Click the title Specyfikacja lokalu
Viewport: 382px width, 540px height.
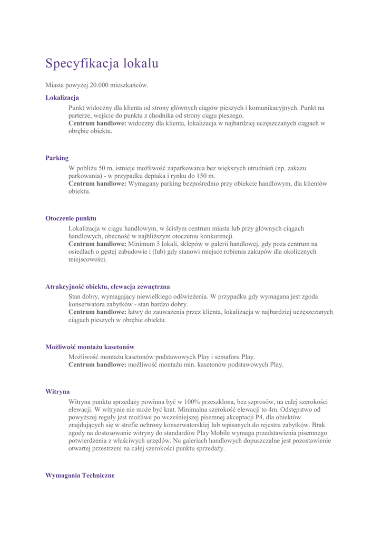tap(102, 64)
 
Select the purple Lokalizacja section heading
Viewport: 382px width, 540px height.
tap(62, 98)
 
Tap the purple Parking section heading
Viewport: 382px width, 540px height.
tap(57, 158)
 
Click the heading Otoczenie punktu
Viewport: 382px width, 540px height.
tap(71, 218)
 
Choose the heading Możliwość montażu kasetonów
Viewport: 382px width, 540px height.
tap(90, 347)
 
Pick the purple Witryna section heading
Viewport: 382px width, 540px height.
tap(58, 392)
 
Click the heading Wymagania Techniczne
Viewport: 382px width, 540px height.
tap(80, 475)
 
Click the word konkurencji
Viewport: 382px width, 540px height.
tap(214, 236)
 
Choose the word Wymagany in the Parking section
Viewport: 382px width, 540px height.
tap(145, 184)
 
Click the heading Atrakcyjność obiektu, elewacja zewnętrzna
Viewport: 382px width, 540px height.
tap(107, 287)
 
